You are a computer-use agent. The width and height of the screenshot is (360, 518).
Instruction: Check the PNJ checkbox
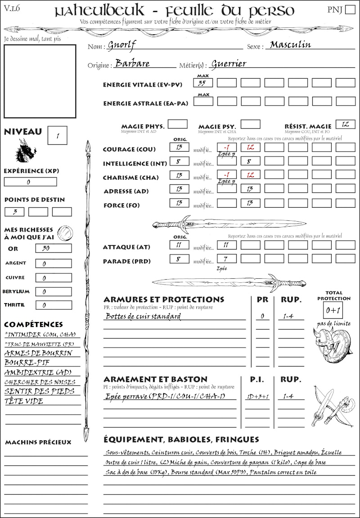tap(349, 10)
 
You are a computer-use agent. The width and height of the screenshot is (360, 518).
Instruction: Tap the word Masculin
tap(290, 45)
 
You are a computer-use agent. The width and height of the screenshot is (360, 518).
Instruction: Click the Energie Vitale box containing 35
tap(203, 83)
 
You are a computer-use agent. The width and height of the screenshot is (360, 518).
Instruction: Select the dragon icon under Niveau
tap(25, 151)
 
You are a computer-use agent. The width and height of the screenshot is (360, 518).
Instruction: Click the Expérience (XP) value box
tap(30, 182)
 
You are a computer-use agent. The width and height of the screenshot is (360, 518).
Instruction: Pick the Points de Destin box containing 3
tap(14, 211)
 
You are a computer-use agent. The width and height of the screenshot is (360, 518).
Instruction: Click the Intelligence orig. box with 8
tap(179, 161)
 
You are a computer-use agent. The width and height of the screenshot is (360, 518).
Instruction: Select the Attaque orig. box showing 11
tap(179, 245)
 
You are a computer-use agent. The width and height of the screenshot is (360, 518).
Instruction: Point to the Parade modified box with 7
tap(226, 259)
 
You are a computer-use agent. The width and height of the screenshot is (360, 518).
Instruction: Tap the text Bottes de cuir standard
tap(143, 317)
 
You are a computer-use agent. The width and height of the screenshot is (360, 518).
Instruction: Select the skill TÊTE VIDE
tap(24, 401)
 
